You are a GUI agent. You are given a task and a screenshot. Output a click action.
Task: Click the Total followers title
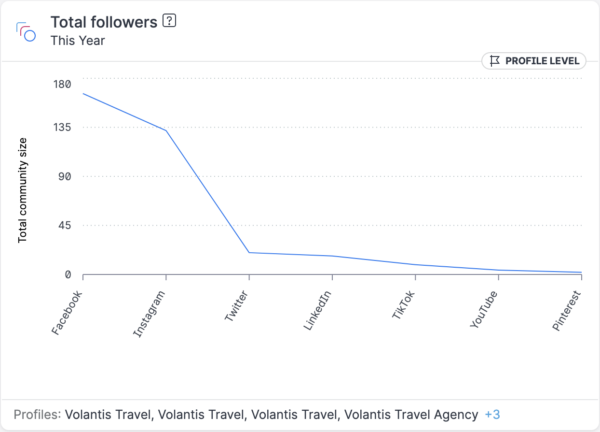tap(104, 22)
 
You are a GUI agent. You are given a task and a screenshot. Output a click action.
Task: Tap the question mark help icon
tap(169, 21)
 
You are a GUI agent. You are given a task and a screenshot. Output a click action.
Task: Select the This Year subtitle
tap(78, 41)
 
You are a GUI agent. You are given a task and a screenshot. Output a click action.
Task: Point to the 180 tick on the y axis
tap(61, 85)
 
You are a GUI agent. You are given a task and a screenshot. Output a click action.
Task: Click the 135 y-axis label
tap(61, 128)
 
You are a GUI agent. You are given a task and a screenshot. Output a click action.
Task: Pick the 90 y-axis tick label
tap(65, 176)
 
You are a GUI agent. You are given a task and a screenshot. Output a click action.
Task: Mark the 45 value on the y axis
tap(65, 226)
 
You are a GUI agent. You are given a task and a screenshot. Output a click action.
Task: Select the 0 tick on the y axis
tap(68, 274)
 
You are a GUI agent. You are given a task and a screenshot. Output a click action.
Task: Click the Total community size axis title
tap(23, 190)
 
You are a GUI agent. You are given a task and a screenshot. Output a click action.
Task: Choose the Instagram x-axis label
tap(149, 314)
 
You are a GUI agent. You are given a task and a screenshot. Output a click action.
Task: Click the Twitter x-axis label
tap(236, 306)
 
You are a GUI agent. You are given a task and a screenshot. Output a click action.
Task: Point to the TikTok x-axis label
tap(404, 305)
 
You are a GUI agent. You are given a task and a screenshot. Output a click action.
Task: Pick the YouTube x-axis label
tap(483, 309)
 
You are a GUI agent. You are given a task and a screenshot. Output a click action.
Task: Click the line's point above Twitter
tap(249, 252)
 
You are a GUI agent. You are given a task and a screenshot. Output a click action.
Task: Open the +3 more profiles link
tap(492, 415)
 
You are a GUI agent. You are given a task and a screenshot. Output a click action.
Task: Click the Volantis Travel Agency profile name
tap(411, 415)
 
